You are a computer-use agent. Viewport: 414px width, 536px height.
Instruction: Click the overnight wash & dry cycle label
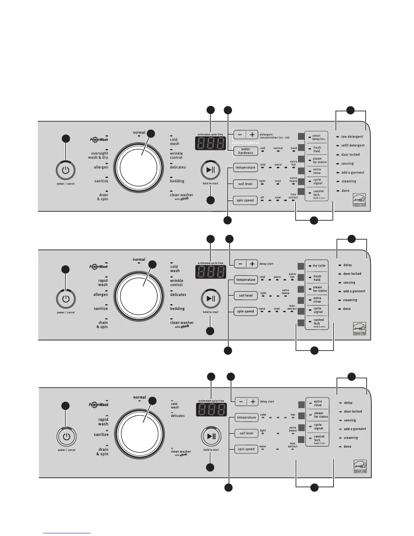coord(98,155)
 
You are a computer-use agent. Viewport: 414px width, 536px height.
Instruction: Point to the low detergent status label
coord(352,137)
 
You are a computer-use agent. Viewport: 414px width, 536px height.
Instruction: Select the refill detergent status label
coord(353,146)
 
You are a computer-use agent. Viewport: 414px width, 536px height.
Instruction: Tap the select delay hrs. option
coord(316,137)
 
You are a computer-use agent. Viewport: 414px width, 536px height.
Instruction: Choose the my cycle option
coord(319,266)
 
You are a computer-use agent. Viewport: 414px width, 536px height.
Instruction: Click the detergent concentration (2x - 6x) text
coord(274,136)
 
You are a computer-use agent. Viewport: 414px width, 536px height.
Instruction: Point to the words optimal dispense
coord(245,143)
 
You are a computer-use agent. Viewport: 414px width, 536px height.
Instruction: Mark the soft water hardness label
coord(262,148)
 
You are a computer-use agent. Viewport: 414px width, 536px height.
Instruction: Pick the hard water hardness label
coord(294,148)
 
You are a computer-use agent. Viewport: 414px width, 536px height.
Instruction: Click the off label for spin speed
coord(262,198)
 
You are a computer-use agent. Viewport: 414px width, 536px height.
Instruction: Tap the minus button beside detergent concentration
coord(240,134)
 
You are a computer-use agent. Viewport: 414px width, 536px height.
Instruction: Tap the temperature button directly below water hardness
coord(246,167)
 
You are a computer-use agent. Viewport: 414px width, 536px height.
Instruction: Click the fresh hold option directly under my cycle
coord(317,278)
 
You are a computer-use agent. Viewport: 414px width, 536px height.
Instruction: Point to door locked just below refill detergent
coord(350,155)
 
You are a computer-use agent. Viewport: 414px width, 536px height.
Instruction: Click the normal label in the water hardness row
coord(278,148)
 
